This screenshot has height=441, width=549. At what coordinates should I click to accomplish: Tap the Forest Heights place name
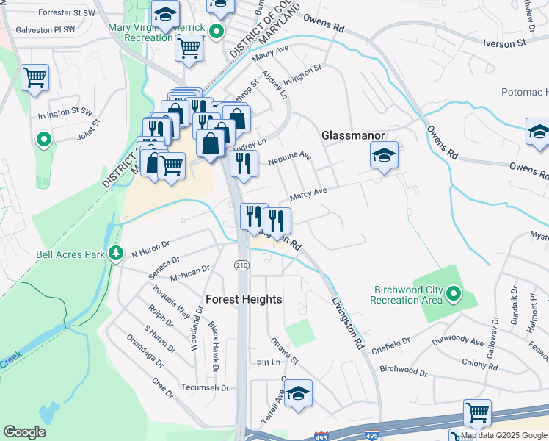pyautogui.click(x=244, y=299)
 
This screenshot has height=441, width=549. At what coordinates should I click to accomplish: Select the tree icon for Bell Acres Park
pyautogui.click(x=115, y=254)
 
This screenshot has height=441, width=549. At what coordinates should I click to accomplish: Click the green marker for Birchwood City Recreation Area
pyautogui.click(x=453, y=295)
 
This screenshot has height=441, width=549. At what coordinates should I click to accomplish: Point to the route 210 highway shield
pyautogui.click(x=241, y=265)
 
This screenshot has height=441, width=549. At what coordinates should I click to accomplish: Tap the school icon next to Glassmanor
pyautogui.click(x=384, y=156)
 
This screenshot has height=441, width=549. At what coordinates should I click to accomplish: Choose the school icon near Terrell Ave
pyautogui.click(x=298, y=394)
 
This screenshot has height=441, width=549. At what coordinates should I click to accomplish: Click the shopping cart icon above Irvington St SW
pyautogui.click(x=35, y=77)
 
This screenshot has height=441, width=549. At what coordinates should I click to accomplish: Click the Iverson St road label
pyautogui.click(x=504, y=43)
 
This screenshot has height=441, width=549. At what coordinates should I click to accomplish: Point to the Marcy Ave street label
pyautogui.click(x=308, y=194)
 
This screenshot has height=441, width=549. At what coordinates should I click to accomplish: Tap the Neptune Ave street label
pyautogui.click(x=290, y=159)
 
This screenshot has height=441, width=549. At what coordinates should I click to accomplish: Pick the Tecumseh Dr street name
pyautogui.click(x=206, y=387)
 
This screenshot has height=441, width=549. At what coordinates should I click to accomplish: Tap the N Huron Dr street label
pyautogui.click(x=150, y=251)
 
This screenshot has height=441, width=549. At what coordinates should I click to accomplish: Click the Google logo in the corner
pyautogui.click(x=25, y=432)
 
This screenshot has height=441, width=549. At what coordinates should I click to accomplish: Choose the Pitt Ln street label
pyautogui.click(x=269, y=363)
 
